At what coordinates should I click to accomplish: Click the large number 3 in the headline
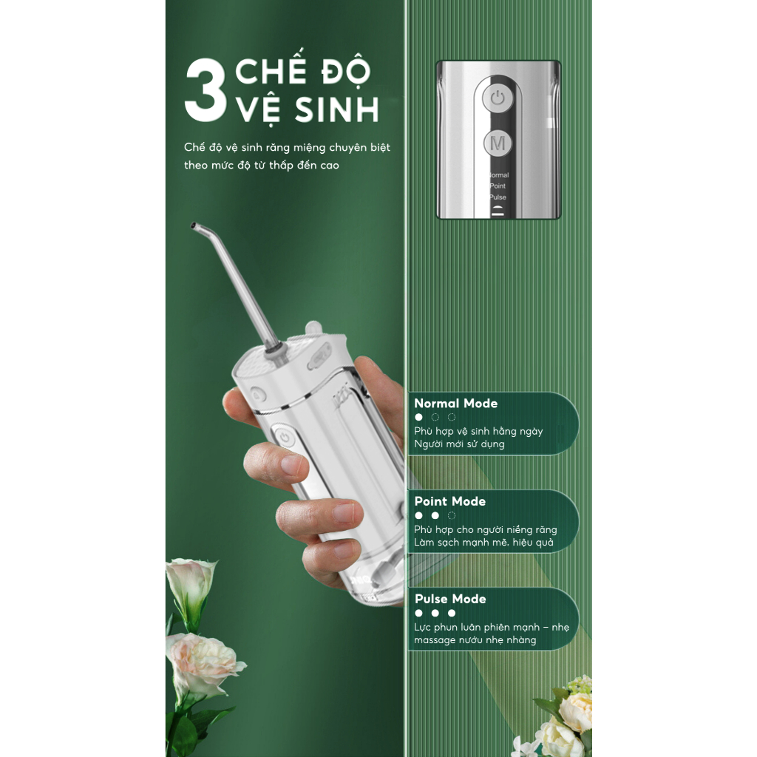coord(206,90)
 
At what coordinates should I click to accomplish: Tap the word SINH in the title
coord(336,109)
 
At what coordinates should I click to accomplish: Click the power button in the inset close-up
coord(498,99)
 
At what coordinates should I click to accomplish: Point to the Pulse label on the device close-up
coord(498,197)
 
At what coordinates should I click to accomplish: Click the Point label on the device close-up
coord(498,186)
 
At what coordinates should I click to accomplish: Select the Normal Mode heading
coord(455,403)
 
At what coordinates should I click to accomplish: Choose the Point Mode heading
coord(450,501)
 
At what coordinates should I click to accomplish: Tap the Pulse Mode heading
coord(450,599)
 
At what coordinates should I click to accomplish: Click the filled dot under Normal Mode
coord(418,417)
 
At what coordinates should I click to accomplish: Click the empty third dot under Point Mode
coord(452,515)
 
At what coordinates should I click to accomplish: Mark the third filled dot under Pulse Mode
coord(452,613)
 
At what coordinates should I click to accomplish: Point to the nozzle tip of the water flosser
coord(194,225)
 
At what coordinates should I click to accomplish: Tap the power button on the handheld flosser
coord(285,438)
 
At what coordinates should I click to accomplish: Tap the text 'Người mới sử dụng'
coord(459,444)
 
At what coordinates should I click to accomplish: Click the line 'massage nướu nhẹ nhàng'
coord(475,639)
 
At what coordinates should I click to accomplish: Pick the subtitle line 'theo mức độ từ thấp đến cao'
coord(262,165)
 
